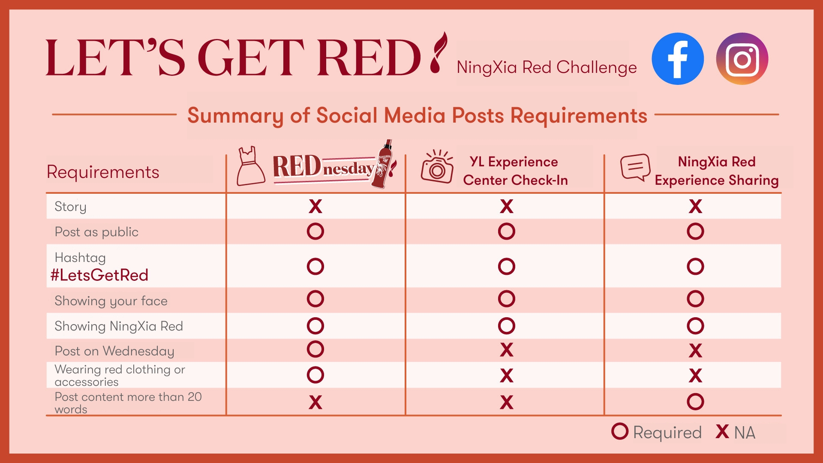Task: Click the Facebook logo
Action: [678, 59]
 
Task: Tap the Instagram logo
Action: [742, 59]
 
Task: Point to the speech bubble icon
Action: [635, 167]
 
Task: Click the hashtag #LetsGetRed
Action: [99, 275]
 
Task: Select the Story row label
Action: [71, 207]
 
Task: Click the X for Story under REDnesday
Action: [315, 206]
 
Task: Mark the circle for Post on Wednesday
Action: [315, 349]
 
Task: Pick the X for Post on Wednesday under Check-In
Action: [507, 350]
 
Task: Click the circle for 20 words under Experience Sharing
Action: [695, 402]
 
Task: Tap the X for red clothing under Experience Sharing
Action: [695, 376]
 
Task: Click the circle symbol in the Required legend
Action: [620, 431]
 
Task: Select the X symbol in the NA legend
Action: [722, 431]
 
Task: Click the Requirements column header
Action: [103, 172]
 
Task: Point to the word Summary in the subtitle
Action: [235, 116]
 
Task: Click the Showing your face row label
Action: [111, 301]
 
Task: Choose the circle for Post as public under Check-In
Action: [507, 231]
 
